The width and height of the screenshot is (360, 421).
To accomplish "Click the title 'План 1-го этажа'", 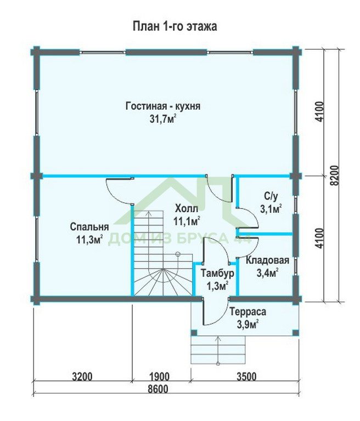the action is (175, 26).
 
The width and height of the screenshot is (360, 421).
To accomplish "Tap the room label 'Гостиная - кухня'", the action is (163, 106).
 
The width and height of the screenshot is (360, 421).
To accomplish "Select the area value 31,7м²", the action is (163, 118).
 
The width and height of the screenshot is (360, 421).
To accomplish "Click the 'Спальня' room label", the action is (89, 227).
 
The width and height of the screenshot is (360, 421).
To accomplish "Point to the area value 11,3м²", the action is (89, 239).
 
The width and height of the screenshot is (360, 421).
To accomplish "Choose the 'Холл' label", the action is (187, 208).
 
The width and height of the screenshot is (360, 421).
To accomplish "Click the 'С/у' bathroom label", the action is (271, 196).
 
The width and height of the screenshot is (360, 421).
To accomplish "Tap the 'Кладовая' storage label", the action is (267, 260).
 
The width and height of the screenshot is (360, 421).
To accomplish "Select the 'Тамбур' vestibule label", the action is (217, 274).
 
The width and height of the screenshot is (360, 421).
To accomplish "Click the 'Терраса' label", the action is (248, 312).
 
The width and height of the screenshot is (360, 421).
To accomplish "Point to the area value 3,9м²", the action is (248, 325).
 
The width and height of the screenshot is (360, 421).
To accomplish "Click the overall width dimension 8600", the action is (157, 389).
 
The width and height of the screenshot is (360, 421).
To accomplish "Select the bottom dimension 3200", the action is (82, 377).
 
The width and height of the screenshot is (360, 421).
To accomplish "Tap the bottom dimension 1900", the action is (159, 377).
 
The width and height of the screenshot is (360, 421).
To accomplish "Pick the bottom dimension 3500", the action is (246, 377).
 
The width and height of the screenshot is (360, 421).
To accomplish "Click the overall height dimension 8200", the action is (334, 175).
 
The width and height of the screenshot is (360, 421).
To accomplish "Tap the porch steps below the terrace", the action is (218, 350).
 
